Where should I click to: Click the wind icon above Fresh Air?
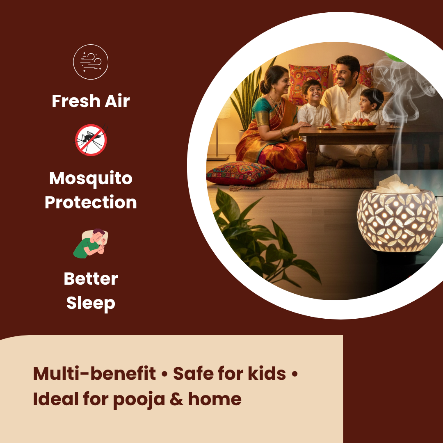(91, 62)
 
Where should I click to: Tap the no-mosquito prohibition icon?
(91, 140)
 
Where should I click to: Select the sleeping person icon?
(91, 243)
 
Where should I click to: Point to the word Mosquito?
(91, 178)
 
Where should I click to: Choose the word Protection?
(91, 202)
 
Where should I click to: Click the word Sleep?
(91, 303)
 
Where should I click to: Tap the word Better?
(91, 279)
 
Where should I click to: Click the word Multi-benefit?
(94, 374)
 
